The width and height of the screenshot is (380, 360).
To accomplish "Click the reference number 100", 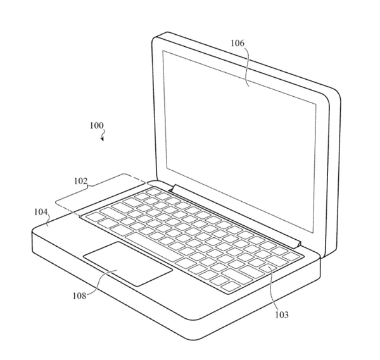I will point(97,125).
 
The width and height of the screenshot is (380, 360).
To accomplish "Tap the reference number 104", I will point(41,213).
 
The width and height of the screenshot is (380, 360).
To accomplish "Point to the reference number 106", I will point(238,44).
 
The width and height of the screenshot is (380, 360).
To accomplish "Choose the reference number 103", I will point(281,314).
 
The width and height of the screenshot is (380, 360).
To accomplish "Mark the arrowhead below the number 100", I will point(102,139).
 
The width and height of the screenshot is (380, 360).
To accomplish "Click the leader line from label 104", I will point(48,221).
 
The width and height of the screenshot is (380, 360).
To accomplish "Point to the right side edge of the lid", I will point(335,177).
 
